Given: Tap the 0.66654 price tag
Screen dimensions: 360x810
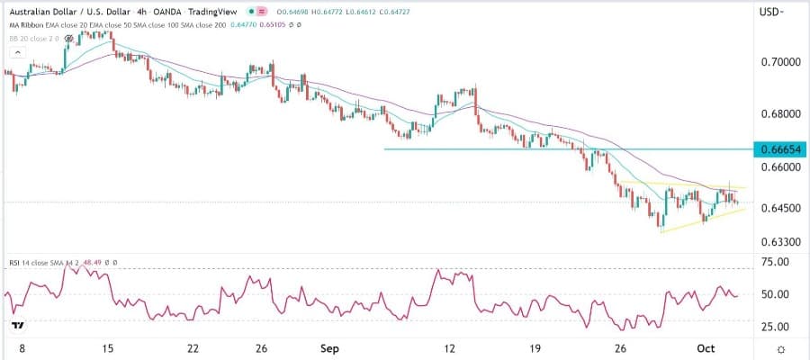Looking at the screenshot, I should click(778, 148).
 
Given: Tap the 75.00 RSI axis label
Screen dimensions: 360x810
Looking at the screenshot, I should click(773, 262).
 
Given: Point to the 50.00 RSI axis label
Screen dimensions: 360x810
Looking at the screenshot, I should click(773, 294).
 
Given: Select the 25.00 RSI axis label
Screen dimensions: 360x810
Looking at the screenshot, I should click(773, 327).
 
